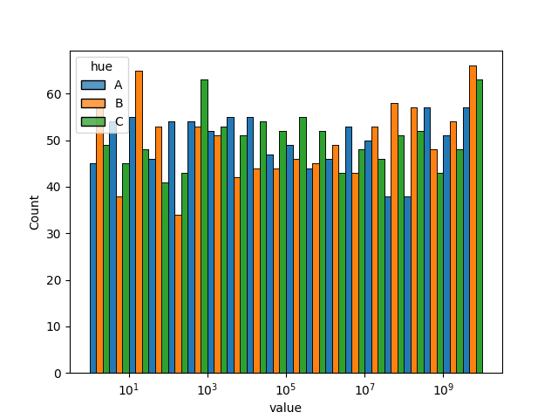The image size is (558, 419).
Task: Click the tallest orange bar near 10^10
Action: pyautogui.click(x=473, y=218)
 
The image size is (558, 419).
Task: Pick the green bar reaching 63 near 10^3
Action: pyautogui.click(x=204, y=227)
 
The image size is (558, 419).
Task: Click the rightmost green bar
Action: pyautogui.click(x=480, y=227)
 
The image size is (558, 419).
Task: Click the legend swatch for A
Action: pyautogui.click(x=93, y=85)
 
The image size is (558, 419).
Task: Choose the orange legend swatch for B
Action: pyautogui.click(x=93, y=103)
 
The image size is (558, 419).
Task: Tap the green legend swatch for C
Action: pyautogui.click(x=93, y=121)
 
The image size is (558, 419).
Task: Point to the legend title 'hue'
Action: pyautogui.click(x=102, y=67)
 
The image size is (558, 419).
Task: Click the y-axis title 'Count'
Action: pyautogui.click(x=35, y=212)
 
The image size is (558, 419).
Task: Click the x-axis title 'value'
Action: pyautogui.click(x=285, y=408)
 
